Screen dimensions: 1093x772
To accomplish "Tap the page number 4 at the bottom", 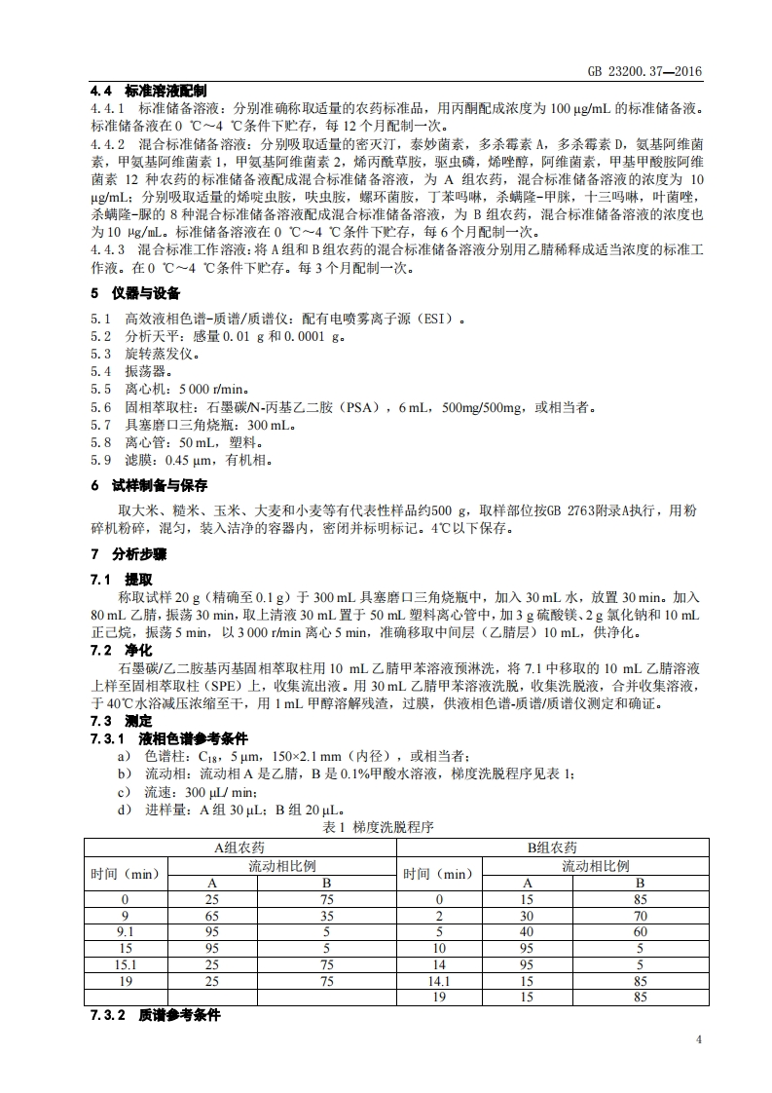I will (x=698, y=1038).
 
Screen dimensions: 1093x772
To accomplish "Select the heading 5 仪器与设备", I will (x=135, y=293).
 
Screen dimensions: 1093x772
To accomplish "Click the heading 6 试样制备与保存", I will (x=149, y=485).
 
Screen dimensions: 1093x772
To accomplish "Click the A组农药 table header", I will (x=241, y=848).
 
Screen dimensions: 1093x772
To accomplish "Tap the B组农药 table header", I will (x=553, y=848).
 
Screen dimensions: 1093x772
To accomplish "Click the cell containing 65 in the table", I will (x=213, y=916).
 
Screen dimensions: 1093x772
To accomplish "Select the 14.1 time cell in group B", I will (x=439, y=982).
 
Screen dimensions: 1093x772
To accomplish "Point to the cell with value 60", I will (x=640, y=931).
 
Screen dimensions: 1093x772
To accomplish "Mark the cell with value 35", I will (x=327, y=916).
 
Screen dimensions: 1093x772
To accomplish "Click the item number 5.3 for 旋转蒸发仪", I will (x=100, y=355).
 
